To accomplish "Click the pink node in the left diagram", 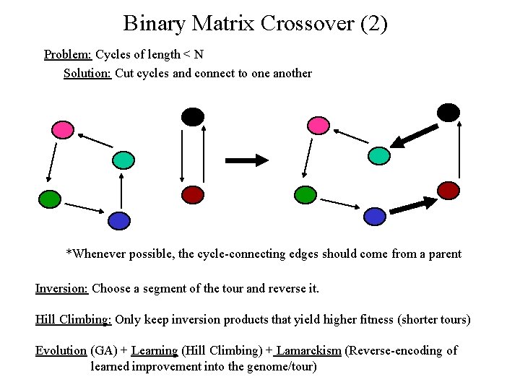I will pyautogui.click(x=63, y=129).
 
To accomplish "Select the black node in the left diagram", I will pyautogui.click(x=193, y=116).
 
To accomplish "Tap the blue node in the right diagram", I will pyautogui.click(x=374, y=215).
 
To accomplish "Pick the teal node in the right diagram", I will pyautogui.click(x=379, y=155).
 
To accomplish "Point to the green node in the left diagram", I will pyautogui.click(x=49, y=197).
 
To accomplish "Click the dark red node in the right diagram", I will pyautogui.click(x=448, y=189).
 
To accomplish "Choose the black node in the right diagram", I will pyautogui.click(x=448, y=112).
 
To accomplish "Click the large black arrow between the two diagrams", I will pyautogui.click(x=246, y=160).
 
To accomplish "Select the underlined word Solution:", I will pyautogui.click(x=87, y=73).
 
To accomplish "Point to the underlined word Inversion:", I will pyautogui.click(x=61, y=288).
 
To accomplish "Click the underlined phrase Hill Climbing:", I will pyautogui.click(x=73, y=319).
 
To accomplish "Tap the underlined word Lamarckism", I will pyautogui.click(x=308, y=350).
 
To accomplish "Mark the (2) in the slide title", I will pyautogui.click(x=373, y=23).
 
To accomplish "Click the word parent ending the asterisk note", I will pyautogui.click(x=442, y=253).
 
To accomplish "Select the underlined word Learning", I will pyautogui.click(x=155, y=350).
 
